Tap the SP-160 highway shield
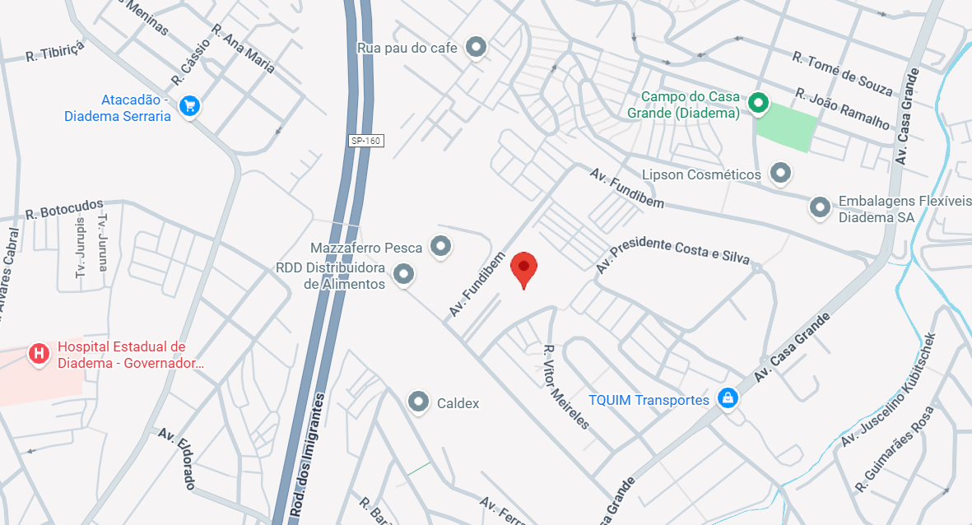(366, 141)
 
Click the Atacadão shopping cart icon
(190, 105)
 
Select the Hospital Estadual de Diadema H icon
(39, 354)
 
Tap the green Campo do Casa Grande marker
(758, 103)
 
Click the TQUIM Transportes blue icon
(727, 399)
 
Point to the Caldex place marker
(419, 402)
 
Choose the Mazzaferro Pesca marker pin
(441, 246)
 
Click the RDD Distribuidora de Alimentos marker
(403, 274)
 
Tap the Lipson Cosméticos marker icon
(779, 173)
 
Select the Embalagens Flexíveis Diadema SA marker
(819, 207)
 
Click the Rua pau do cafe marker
(475, 47)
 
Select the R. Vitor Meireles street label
(565, 387)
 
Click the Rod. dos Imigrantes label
(306, 454)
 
